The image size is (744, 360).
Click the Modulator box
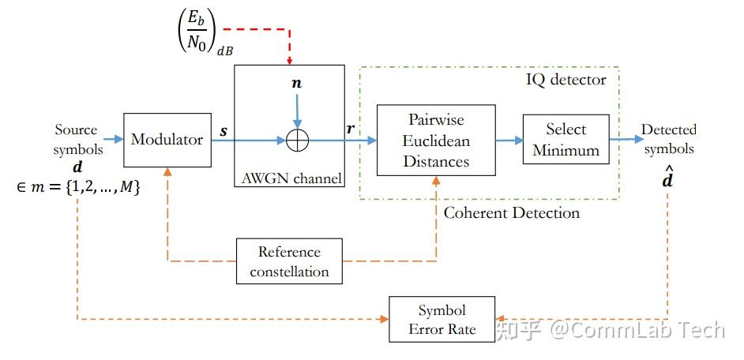click(167, 140)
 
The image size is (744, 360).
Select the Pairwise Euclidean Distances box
click(436, 141)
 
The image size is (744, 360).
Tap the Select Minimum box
click(566, 140)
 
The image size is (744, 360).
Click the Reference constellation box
click(289, 262)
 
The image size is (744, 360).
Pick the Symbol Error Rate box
click(442, 320)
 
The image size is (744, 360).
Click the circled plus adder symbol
click(297, 141)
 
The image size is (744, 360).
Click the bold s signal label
click(224, 130)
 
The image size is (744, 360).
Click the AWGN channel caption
click(289, 178)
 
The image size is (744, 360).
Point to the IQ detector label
click(566, 80)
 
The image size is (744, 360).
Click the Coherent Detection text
click(511, 213)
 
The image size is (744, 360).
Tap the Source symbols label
click(77, 139)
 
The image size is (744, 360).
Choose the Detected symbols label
click(667, 139)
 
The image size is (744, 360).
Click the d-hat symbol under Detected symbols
click(667, 178)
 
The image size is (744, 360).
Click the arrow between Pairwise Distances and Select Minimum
click(509, 141)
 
